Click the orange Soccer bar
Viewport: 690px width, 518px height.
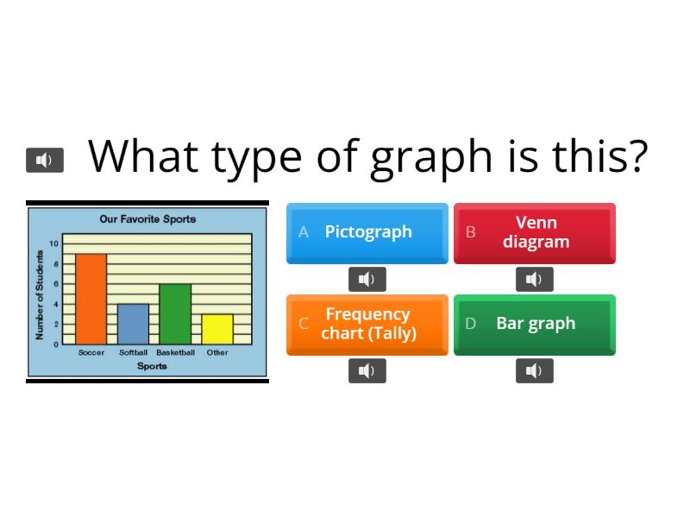[91, 299]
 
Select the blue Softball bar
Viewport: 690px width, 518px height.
[133, 324]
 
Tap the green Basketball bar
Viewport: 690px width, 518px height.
[175, 314]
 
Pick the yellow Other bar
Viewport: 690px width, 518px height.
[217, 329]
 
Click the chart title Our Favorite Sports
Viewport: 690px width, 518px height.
[147, 219]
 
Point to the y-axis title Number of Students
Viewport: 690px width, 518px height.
[40, 294]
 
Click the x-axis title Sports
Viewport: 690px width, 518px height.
[152, 366]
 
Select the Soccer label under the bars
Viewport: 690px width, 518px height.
[91, 352]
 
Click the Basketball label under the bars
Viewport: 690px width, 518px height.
[175, 352]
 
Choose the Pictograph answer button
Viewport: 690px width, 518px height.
[367, 232]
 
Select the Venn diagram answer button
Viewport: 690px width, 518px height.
[535, 232]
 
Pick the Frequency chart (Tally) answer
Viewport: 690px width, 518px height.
[367, 324]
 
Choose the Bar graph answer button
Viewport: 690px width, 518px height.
[535, 324]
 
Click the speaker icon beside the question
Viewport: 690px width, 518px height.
[45, 160]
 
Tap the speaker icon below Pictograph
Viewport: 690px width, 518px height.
[367, 279]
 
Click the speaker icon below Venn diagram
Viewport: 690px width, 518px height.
[535, 279]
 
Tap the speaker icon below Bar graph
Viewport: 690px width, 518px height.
[535, 370]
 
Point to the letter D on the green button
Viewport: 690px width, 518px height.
[471, 324]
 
